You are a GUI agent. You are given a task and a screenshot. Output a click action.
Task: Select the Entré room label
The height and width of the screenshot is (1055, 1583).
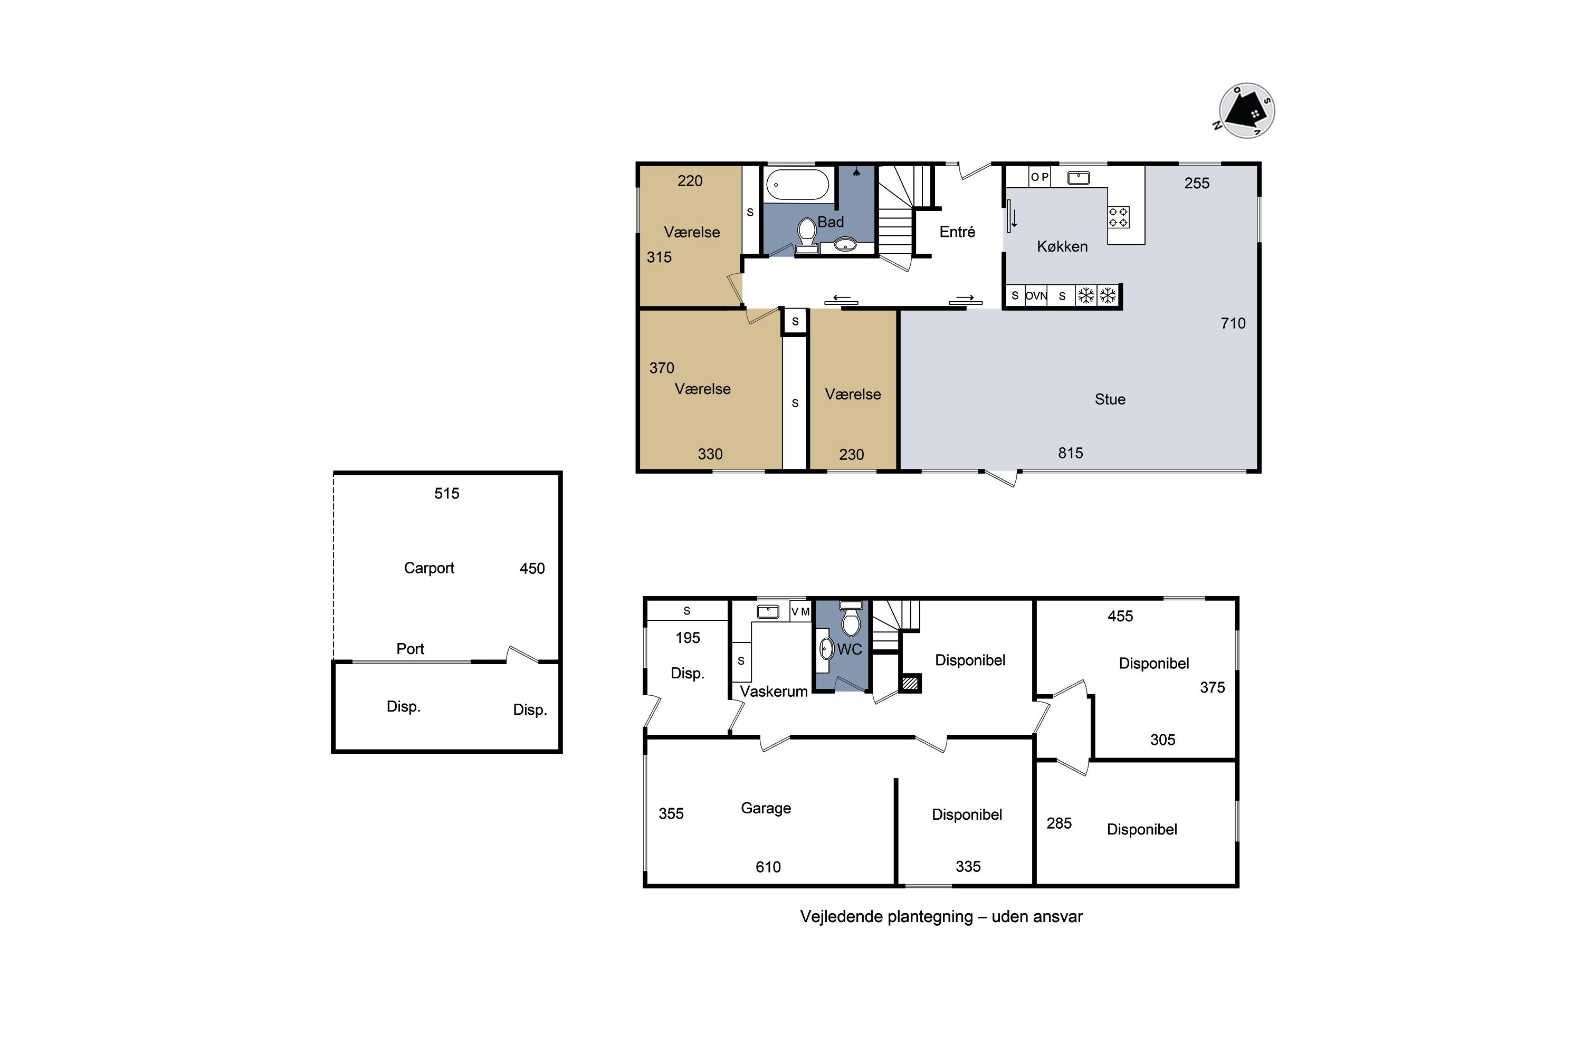click(957, 232)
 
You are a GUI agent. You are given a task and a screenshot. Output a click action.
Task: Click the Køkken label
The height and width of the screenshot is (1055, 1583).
click(1062, 247)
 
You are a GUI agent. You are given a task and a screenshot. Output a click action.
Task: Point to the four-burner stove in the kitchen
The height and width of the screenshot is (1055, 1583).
click(1119, 217)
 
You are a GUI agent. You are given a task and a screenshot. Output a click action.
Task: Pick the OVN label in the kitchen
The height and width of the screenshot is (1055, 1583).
click(1036, 296)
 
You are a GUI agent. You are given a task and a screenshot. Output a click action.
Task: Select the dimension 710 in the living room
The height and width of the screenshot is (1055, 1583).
click(1233, 324)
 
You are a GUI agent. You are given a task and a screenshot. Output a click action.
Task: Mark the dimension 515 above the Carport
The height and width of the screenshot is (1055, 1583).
click(446, 494)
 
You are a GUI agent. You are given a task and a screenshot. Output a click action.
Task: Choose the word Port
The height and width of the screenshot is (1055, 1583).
click(410, 649)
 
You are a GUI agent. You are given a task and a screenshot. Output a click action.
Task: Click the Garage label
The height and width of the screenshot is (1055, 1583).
click(766, 809)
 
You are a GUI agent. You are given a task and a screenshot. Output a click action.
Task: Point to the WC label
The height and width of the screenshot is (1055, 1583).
click(850, 650)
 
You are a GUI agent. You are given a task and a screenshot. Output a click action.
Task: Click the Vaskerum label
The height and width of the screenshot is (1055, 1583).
click(774, 692)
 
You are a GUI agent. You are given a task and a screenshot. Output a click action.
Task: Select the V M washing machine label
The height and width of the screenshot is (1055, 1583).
click(800, 611)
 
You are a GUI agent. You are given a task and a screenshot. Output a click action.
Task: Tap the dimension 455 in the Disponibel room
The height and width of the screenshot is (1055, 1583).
click(1121, 616)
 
